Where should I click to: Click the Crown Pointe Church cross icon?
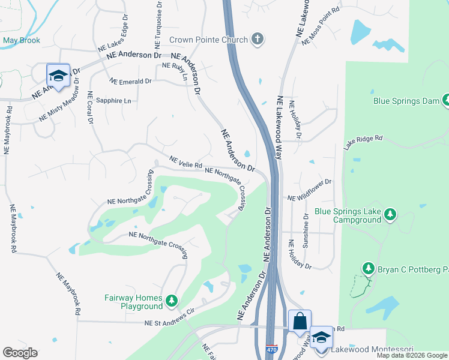click(x=258, y=40)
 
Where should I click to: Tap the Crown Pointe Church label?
click(x=208, y=40)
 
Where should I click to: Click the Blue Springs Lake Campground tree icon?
click(x=390, y=214)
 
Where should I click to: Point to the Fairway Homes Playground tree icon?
click(x=172, y=300)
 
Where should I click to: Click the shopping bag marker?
click(x=300, y=320)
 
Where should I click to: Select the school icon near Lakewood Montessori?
click(x=322, y=337)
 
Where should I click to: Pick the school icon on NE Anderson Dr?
click(x=58, y=75)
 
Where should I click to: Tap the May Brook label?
click(x=21, y=41)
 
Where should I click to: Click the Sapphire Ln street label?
click(x=113, y=101)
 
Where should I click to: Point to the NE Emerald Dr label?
click(x=131, y=82)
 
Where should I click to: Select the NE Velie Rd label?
click(x=186, y=163)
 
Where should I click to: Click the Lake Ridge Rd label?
click(x=363, y=142)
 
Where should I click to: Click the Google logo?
click(x=20, y=353)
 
